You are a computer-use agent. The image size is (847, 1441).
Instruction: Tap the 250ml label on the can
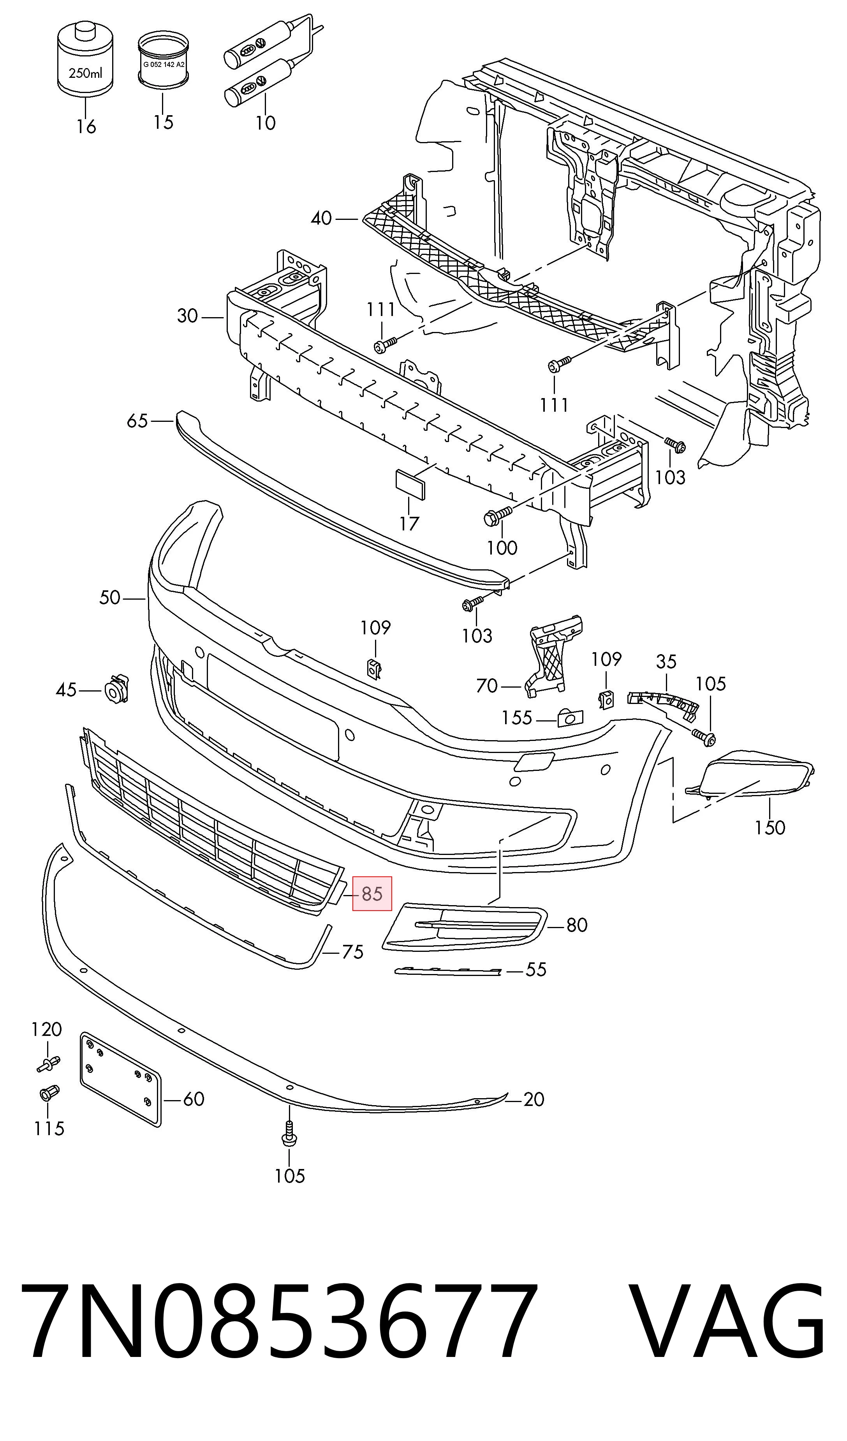[86, 73]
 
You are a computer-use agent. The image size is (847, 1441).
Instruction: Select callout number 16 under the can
[86, 126]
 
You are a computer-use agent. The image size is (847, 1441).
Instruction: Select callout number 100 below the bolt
[502, 548]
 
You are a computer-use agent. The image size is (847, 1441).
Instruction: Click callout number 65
[137, 421]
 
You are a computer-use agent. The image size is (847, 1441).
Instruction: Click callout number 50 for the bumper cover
[109, 598]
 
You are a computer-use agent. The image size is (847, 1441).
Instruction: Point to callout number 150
[770, 827]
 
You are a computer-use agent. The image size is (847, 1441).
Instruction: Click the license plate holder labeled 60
[120, 1079]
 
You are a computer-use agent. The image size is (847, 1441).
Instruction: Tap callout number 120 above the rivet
[46, 1029]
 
